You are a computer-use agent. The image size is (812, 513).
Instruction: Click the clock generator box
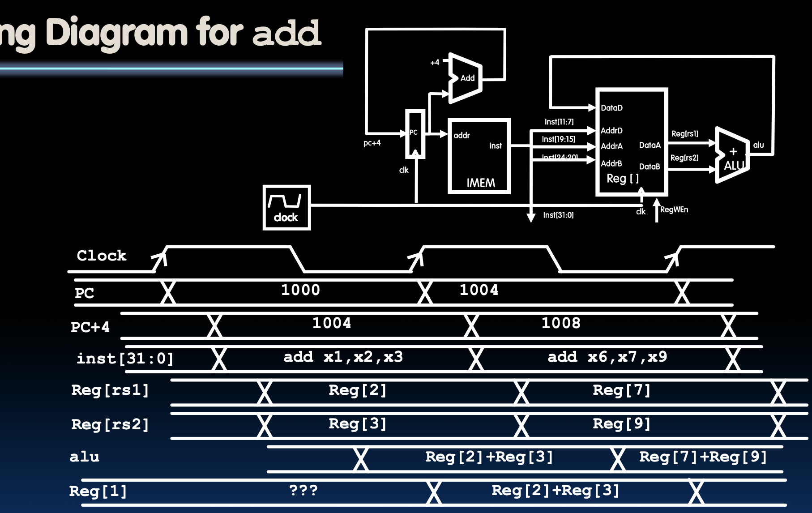pyautogui.click(x=286, y=208)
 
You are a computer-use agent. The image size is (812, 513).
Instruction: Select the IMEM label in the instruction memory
pyautogui.click(x=481, y=183)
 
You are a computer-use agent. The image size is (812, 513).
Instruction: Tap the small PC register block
pyautogui.click(x=415, y=134)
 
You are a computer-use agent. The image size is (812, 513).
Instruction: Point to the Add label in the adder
pyautogui.click(x=467, y=78)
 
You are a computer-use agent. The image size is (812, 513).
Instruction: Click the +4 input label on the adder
pyautogui.click(x=435, y=63)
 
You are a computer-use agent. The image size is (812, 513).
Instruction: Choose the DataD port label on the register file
pyautogui.click(x=611, y=108)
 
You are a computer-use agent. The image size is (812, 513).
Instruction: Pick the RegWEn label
pyautogui.click(x=674, y=209)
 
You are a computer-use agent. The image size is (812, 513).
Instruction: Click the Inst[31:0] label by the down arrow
pyautogui.click(x=558, y=215)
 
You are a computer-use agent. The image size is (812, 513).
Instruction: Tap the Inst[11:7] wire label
pyautogui.click(x=559, y=122)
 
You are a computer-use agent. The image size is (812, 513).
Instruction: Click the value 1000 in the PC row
pyautogui.click(x=300, y=290)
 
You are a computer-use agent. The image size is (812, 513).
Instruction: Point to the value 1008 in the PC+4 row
pyautogui.click(x=561, y=323)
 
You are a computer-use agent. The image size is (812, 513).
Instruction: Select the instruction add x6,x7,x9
pyautogui.click(x=607, y=357)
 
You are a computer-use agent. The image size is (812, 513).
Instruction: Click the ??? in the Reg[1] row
pyautogui.click(x=303, y=490)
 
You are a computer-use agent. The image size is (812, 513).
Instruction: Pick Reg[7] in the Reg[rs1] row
pyautogui.click(x=621, y=390)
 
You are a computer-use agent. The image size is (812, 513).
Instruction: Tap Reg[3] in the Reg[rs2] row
pyautogui.click(x=357, y=423)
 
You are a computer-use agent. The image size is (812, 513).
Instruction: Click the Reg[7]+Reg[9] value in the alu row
pyautogui.click(x=703, y=457)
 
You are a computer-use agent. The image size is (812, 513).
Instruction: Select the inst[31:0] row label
pyautogui.click(x=125, y=359)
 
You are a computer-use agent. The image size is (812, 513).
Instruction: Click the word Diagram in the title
pyautogui.click(x=116, y=33)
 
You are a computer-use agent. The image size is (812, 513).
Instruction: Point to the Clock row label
pyautogui.click(x=102, y=256)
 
